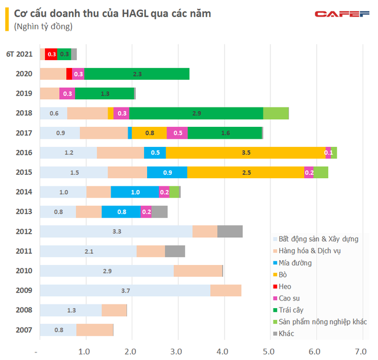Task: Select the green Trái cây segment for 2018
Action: click(196, 113)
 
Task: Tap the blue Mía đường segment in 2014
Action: click(135, 192)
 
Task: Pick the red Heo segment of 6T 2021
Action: click(51, 54)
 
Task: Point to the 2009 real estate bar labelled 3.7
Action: click(125, 290)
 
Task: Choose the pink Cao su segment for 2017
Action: click(177, 133)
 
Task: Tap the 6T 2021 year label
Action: click(19, 54)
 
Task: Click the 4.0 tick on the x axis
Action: click(223, 352)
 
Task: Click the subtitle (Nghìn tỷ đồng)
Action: click(39, 26)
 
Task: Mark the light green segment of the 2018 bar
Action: click(276, 113)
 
